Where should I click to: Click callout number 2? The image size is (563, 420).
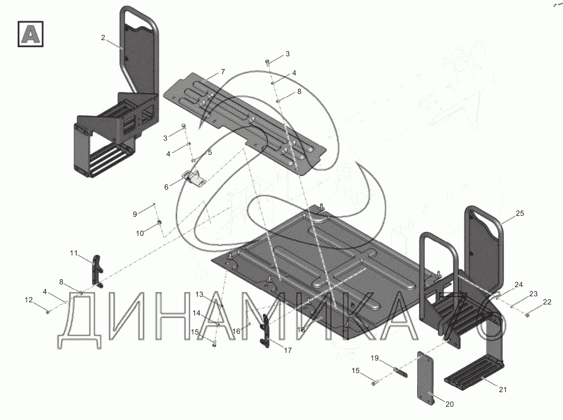tap(103, 38)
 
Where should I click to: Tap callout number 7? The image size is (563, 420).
tap(223, 72)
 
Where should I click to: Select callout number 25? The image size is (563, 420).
tap(520, 213)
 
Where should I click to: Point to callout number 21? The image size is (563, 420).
tap(503, 389)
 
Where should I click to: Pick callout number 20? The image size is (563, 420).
tap(449, 404)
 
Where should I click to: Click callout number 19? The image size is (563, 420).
tap(374, 359)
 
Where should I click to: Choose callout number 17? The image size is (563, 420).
tap(287, 350)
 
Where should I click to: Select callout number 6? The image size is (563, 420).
tap(166, 186)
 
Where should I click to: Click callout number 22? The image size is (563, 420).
tap(547, 302)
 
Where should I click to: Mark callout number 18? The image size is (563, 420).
tap(301, 329)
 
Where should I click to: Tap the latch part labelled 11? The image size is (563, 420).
tap(97, 272)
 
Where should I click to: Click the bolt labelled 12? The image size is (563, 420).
tap(48, 311)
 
